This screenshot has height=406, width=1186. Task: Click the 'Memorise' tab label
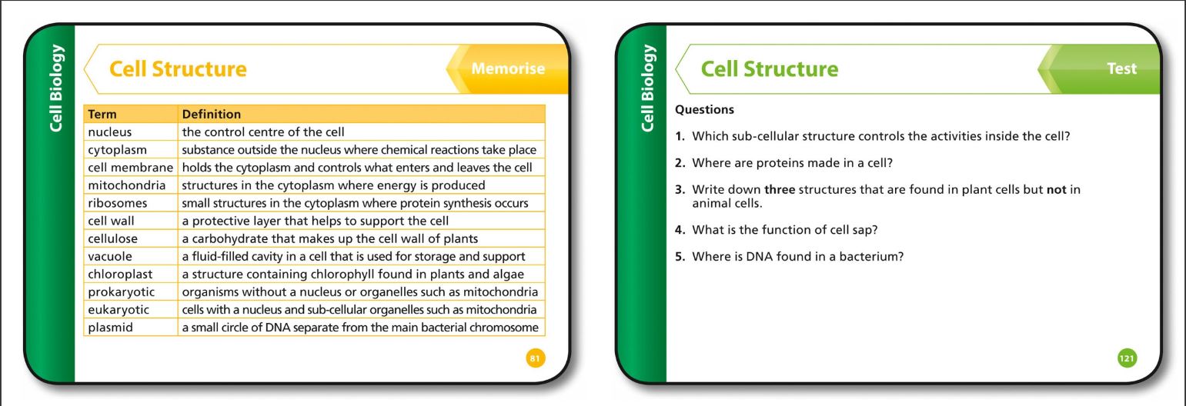pos(508,68)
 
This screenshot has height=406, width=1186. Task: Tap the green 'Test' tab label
pos(1121,68)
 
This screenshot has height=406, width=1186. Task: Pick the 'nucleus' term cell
pos(131,132)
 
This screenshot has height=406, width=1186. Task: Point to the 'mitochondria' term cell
pos(131,185)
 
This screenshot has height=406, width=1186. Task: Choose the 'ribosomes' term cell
pos(131,203)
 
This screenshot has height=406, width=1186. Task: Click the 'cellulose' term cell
pos(131,238)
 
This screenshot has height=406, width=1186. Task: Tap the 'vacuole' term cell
pos(131,256)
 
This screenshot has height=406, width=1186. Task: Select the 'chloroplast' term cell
pos(131,274)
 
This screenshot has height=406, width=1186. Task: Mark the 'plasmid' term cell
pos(131,328)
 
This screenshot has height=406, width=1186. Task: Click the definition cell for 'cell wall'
pos(362,221)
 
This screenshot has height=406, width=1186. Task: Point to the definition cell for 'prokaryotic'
pos(362,292)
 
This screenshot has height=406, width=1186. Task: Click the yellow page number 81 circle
pos(536,358)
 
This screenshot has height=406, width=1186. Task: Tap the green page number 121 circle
pos(1128,358)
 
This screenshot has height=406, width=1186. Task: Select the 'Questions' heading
pos(704,109)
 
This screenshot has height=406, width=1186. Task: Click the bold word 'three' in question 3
pos(780,189)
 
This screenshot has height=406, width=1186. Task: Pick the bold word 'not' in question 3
pos(1056,189)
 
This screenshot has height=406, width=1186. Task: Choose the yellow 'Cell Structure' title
pos(178,68)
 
